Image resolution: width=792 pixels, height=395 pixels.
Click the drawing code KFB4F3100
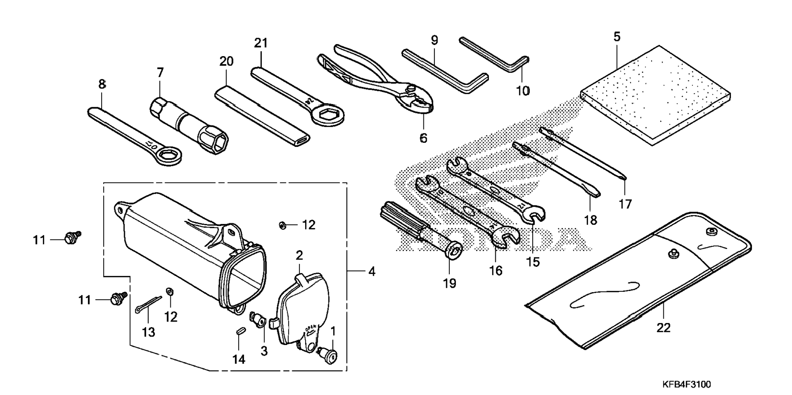tap(687, 385)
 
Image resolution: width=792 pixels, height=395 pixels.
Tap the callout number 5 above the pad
tap(617, 37)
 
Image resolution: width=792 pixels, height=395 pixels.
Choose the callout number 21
tap(261, 43)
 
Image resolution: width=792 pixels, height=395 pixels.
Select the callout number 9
tap(434, 41)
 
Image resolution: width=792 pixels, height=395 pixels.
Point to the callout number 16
tap(496, 271)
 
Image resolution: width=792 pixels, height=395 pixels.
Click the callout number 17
tap(625, 203)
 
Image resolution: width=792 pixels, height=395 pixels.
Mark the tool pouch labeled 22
tap(639, 282)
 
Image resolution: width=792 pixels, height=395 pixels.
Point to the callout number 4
tap(371, 271)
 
